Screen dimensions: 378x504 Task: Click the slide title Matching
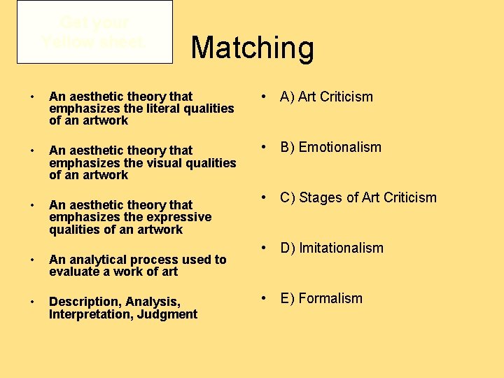[252, 48]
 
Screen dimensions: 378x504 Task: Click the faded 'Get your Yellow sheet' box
[94, 32]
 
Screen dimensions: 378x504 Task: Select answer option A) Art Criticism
[326, 97]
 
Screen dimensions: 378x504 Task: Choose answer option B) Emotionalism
[330, 147]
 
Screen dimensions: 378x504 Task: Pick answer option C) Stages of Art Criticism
[358, 197]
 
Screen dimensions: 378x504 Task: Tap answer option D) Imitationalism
[332, 248]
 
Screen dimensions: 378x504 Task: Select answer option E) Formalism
[321, 298]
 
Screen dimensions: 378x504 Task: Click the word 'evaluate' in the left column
[74, 272]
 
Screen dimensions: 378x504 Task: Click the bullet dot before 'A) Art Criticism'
[265, 97]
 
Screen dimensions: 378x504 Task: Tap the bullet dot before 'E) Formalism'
[265, 298]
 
